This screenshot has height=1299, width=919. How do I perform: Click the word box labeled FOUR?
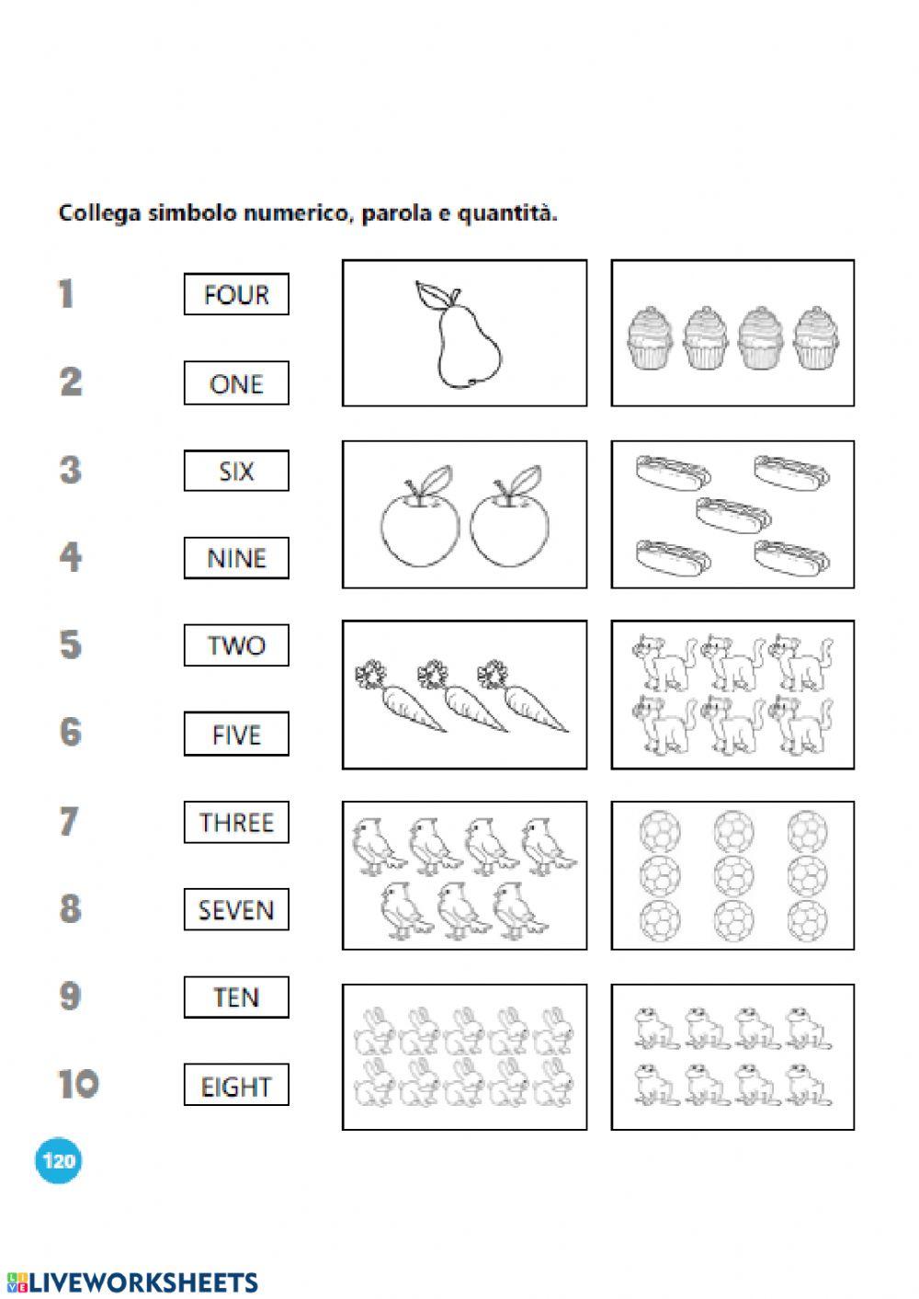pos(236,295)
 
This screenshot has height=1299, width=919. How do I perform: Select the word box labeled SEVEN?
pos(236,910)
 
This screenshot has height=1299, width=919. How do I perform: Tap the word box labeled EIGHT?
pos(236,1086)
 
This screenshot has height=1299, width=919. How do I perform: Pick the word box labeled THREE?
pos(236,822)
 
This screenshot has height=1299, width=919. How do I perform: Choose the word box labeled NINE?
pos(236,558)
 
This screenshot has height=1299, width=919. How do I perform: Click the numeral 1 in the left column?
pos(65,294)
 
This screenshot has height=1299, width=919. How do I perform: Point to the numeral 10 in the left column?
pos(78,1084)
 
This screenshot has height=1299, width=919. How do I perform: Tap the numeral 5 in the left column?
pos(71,644)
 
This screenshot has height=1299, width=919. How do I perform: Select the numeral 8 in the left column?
pos(71,908)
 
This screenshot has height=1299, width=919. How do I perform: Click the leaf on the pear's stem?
pos(431,296)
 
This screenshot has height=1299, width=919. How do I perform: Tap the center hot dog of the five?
pos(732,511)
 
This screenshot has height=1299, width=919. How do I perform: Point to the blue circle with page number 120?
pos(58,1160)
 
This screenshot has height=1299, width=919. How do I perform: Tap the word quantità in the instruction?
pos(512,214)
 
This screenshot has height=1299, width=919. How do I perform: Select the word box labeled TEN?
pos(236,997)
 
